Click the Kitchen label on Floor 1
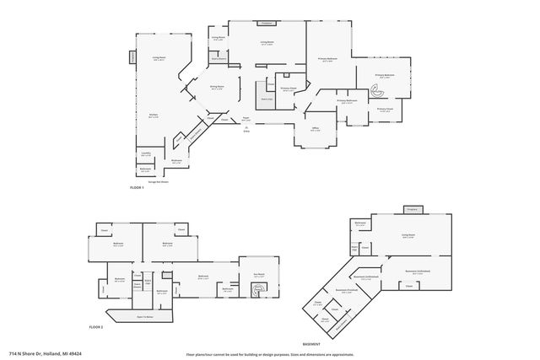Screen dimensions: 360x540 pos(154,116)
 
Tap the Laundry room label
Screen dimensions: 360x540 pos(146,153)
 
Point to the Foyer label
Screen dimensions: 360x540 pos(247,120)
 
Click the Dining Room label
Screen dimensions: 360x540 pos(217,87)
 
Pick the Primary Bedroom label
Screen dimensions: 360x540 pos(327,59)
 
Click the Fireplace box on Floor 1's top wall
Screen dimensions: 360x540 pos(267,24)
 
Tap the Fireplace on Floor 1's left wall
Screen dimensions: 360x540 pos(132,56)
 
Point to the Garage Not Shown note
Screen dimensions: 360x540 pos(159,180)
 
